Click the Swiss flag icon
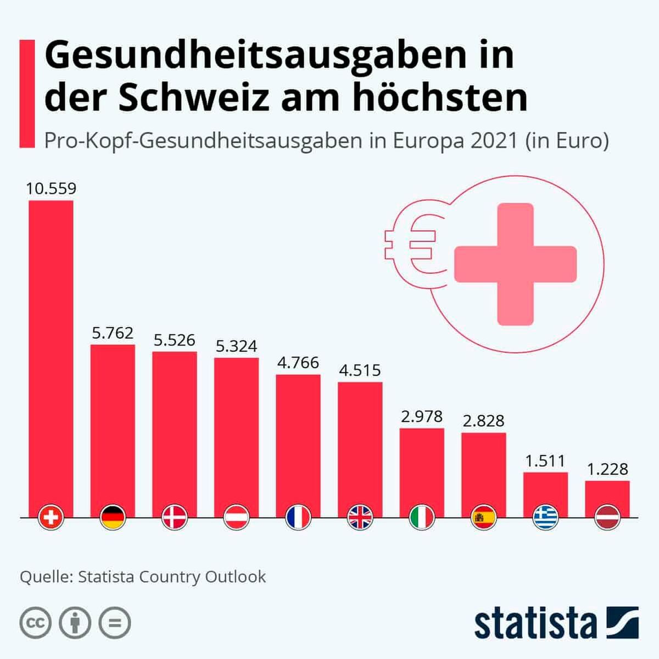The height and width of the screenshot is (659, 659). pyautogui.click(x=52, y=517)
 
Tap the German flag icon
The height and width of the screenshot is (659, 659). pyautogui.click(x=113, y=517)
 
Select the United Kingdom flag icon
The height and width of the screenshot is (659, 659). pyautogui.click(x=360, y=517)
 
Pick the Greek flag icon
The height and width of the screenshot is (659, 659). pyautogui.click(x=546, y=517)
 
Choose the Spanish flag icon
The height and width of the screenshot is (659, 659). pyautogui.click(x=484, y=517)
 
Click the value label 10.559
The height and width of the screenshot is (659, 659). pyautogui.click(x=51, y=189)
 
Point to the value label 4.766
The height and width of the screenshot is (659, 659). pyautogui.click(x=298, y=363)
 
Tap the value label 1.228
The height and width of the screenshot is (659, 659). pyautogui.click(x=607, y=470)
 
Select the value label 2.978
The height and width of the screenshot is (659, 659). pyautogui.click(x=422, y=417)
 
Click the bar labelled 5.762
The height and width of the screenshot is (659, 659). pyautogui.click(x=113, y=428)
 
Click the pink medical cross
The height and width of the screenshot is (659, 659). pyautogui.click(x=516, y=264)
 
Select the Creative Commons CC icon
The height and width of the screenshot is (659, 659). pyautogui.click(x=36, y=623)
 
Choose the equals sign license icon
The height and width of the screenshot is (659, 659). pyautogui.click(x=115, y=623)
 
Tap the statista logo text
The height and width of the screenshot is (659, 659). pyautogui.click(x=535, y=623)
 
